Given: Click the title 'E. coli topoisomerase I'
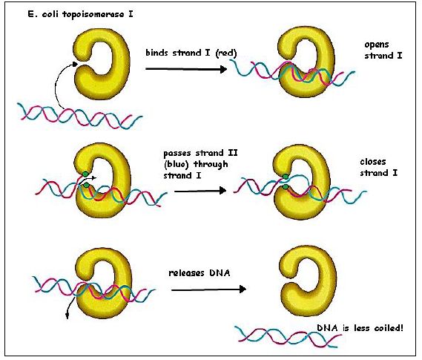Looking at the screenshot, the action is click(80, 14).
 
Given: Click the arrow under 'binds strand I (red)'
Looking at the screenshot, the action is click(186, 69).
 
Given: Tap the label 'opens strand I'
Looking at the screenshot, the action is click(383, 50).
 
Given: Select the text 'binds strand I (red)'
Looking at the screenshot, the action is click(191, 53).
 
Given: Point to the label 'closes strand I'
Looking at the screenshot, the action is click(378, 167).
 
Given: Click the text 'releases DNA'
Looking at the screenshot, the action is click(200, 273).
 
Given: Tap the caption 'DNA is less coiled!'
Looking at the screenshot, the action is click(360, 328).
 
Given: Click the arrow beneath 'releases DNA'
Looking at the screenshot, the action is click(208, 289).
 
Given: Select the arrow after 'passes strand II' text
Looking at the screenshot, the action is click(200, 191).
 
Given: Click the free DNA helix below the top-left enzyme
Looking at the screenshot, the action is click(79, 116).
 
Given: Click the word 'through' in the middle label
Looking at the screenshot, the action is click(211, 164).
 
